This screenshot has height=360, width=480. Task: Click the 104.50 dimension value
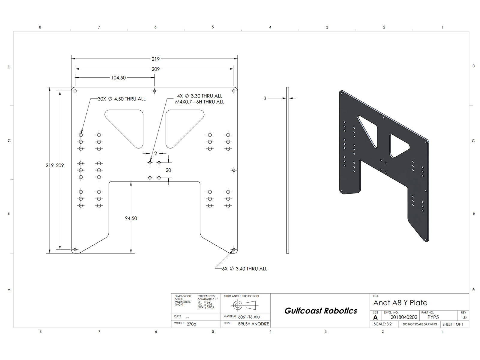[118, 78]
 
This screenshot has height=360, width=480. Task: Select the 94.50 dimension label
[131, 218]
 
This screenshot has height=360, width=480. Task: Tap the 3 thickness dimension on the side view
[265, 98]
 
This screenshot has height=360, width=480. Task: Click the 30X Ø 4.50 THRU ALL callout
[121, 99]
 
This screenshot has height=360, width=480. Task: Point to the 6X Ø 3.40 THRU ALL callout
[245, 269]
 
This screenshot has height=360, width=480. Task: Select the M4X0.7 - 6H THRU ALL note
[200, 102]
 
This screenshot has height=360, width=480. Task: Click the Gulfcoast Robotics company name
[321, 310]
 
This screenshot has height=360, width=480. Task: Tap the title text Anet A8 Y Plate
[400, 303]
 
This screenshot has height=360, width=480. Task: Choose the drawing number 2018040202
[404, 317]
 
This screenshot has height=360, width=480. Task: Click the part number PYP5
[433, 317]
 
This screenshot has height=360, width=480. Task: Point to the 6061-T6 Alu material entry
[249, 317]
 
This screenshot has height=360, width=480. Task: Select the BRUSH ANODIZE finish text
[253, 324]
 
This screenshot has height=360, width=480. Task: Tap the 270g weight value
[191, 324]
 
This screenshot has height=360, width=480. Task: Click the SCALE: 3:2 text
[383, 324]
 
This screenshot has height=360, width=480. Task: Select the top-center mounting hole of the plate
[154, 91]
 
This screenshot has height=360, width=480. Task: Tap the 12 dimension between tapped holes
[154, 153]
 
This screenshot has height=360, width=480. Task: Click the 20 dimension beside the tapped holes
[168, 170]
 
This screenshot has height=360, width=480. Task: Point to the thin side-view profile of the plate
[288, 170]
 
